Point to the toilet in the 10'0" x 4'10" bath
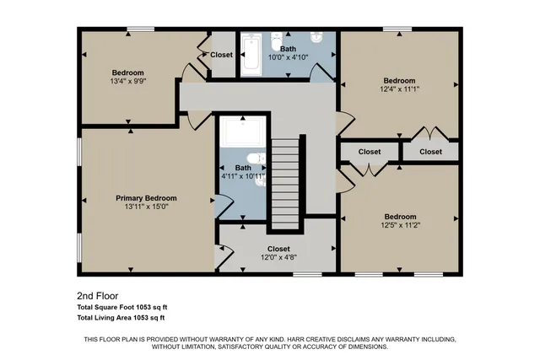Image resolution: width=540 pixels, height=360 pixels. (x=277, y=42)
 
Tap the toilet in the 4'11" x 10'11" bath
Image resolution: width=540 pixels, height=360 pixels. (x=256, y=160)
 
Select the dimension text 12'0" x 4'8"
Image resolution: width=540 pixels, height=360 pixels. (x=278, y=259)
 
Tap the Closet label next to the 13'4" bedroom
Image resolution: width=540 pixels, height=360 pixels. (x=221, y=55)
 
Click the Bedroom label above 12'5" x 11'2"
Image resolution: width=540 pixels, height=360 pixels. (x=400, y=217)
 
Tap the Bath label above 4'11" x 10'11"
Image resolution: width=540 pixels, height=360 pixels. (x=243, y=168)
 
